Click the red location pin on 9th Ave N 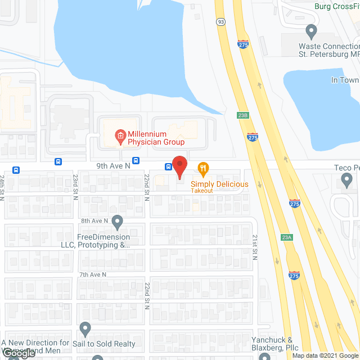pos(179,166)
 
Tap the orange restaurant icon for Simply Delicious pos(203,168)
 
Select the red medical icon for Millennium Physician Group pos(119,135)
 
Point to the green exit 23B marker pos(242,115)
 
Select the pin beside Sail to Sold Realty pos(85,327)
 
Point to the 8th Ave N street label pos(93,220)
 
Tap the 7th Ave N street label pos(93,274)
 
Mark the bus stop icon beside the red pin pos(168,166)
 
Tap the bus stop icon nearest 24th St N pos(16,170)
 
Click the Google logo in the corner pos(19,353)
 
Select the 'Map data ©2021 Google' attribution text pos(325,355)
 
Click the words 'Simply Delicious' pos(219,184)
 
